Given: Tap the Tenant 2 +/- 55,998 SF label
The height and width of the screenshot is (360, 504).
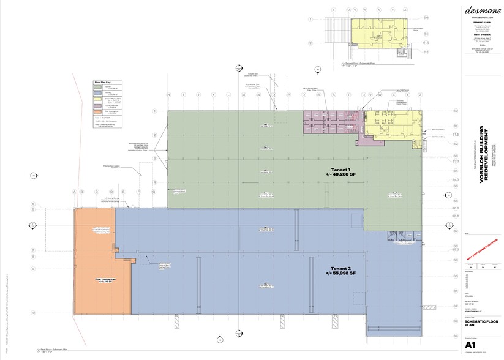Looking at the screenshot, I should [343, 271].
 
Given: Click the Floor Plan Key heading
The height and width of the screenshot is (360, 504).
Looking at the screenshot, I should [101, 81].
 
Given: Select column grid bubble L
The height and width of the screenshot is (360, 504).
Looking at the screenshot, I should [228, 96].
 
